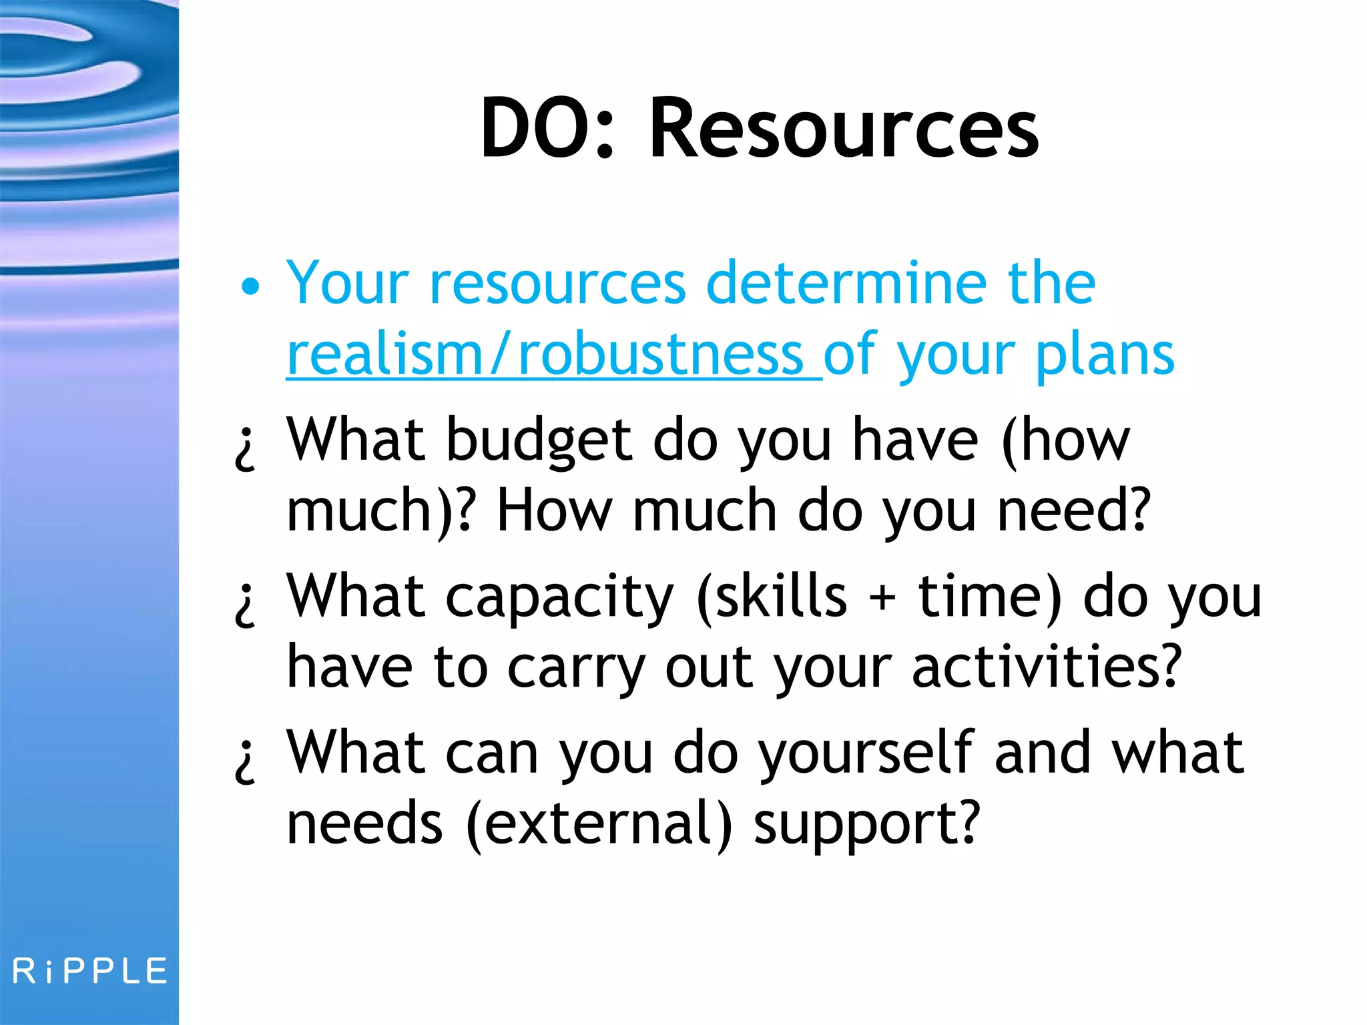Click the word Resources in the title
click(x=844, y=128)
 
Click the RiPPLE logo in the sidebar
click(x=89, y=971)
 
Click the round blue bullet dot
click(x=250, y=287)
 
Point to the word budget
click(x=539, y=442)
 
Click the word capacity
click(x=559, y=597)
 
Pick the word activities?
click(x=1047, y=667)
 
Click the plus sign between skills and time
click(x=882, y=597)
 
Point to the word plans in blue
click(x=1105, y=355)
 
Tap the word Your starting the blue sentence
click(x=347, y=284)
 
